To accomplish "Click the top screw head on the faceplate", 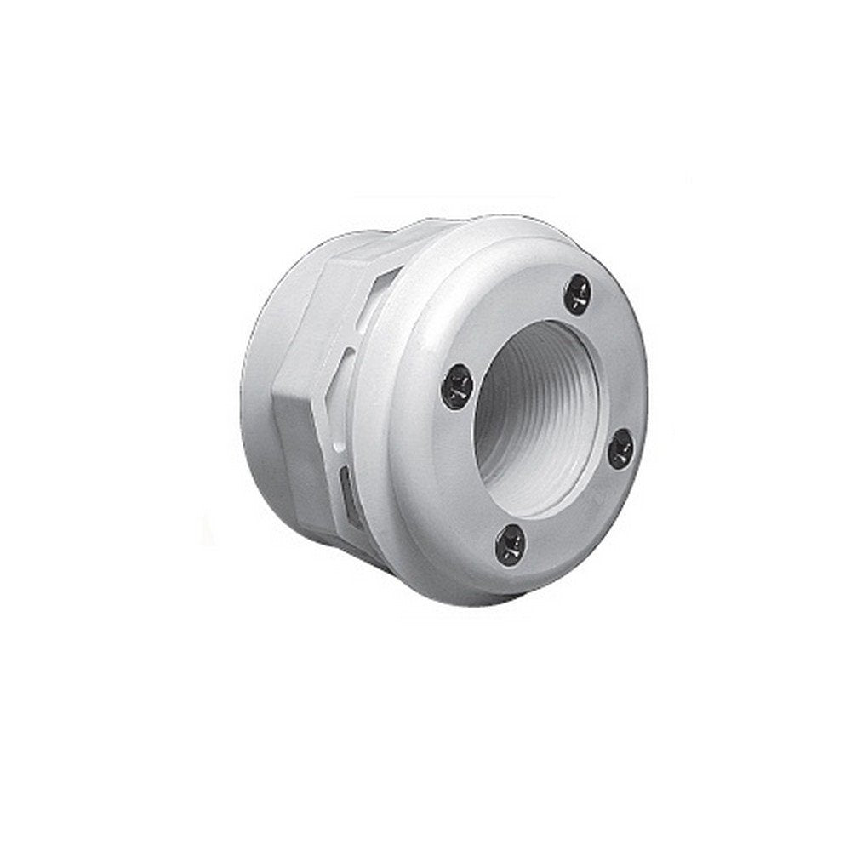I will tap(579, 290).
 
